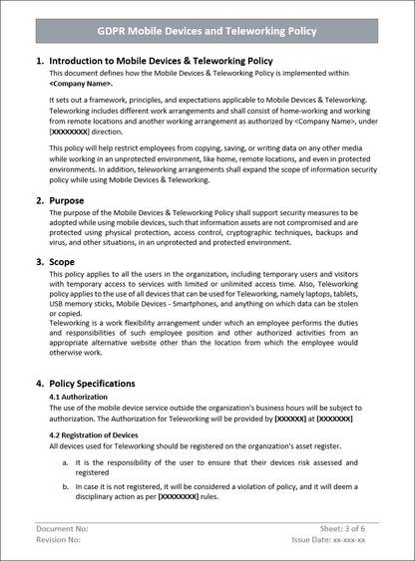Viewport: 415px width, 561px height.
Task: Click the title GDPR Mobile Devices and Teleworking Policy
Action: coord(207,31)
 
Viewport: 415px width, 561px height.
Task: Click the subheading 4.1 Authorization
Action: coord(85,397)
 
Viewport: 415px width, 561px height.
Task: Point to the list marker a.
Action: coord(66,464)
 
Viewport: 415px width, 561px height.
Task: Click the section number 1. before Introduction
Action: coord(40,62)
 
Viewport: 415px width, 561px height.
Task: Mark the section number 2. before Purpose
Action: coord(40,199)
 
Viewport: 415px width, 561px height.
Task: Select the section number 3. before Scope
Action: coord(40,263)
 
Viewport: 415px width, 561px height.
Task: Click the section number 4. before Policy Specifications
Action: coord(40,383)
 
